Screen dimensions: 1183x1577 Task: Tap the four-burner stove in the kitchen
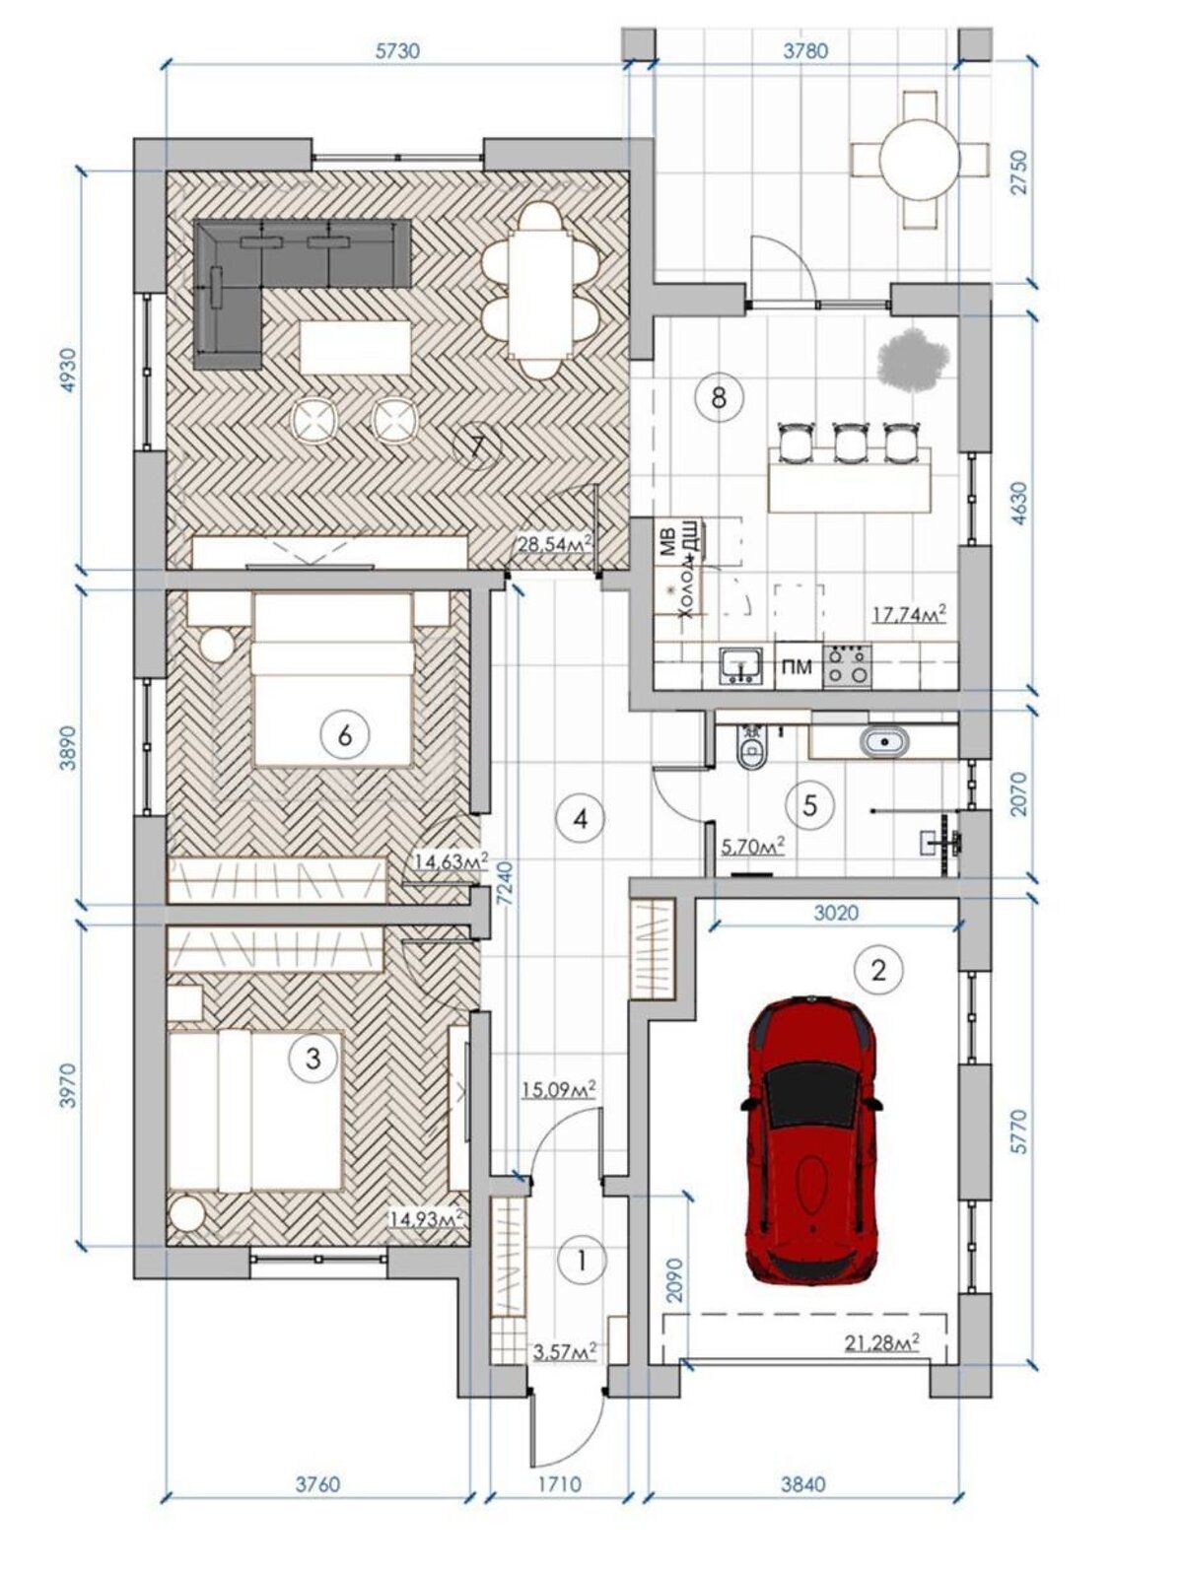click(848, 665)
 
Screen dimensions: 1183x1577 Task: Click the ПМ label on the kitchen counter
click(797, 667)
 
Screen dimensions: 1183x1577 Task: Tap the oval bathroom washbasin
click(885, 741)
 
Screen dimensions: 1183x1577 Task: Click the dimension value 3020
click(836, 912)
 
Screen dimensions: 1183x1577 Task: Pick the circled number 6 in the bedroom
click(345, 735)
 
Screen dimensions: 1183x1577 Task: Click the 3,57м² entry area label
click(565, 1351)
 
